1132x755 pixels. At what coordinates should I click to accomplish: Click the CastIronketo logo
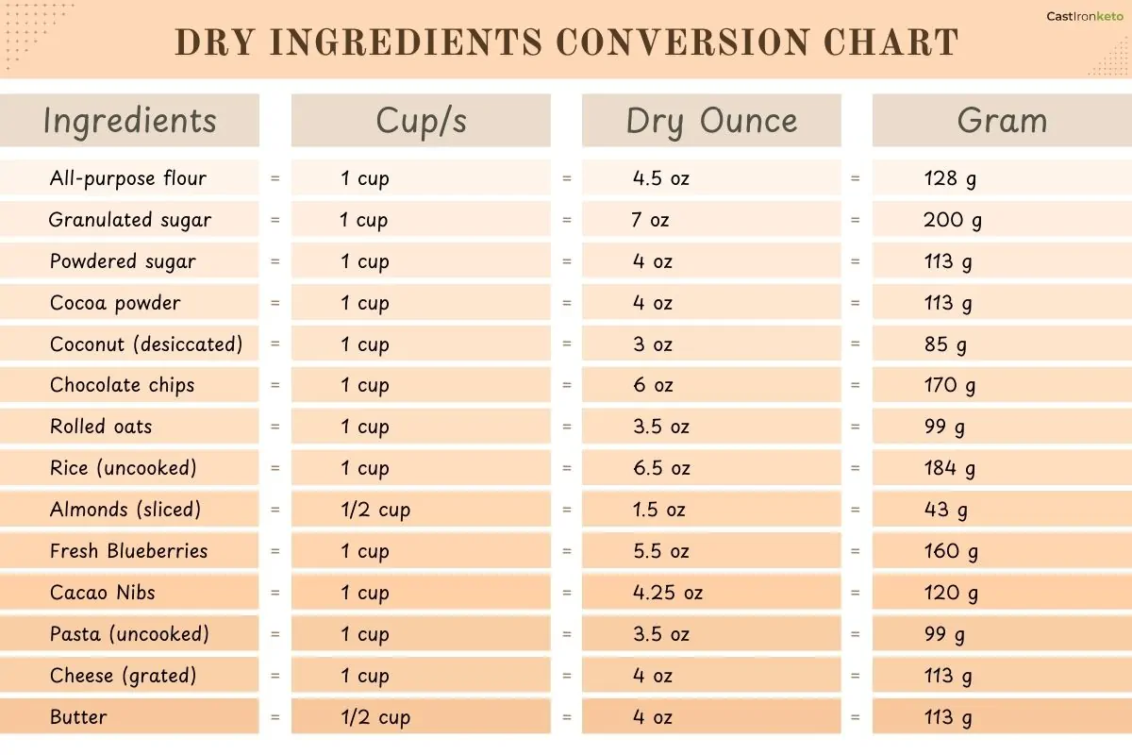point(1084,16)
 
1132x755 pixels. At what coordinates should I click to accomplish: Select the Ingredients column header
point(130,121)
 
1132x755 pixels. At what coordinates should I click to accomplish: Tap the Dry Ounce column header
point(711,121)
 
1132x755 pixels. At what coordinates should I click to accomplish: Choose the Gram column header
point(1002,121)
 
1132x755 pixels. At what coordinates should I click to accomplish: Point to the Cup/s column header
point(421,121)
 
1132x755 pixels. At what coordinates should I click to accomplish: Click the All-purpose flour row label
point(128,178)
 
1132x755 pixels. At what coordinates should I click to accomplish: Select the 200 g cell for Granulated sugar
point(953,220)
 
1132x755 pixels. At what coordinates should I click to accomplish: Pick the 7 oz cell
point(651,220)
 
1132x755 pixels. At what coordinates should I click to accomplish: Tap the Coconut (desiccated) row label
point(146,344)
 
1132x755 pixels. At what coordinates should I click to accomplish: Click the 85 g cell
point(945,344)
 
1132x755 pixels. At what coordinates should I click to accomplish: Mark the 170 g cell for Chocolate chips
point(950,386)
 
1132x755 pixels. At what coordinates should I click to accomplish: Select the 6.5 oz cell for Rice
point(661,468)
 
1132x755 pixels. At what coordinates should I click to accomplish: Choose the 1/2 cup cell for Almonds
point(375,510)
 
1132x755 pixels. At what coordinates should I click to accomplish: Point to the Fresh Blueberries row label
point(128,551)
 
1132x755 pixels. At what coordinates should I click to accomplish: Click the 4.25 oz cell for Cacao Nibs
point(668,593)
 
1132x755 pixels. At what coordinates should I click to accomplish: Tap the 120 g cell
point(951,593)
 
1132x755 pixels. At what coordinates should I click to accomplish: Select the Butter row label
point(78,717)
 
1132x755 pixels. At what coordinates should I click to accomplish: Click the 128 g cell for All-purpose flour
point(950,178)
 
